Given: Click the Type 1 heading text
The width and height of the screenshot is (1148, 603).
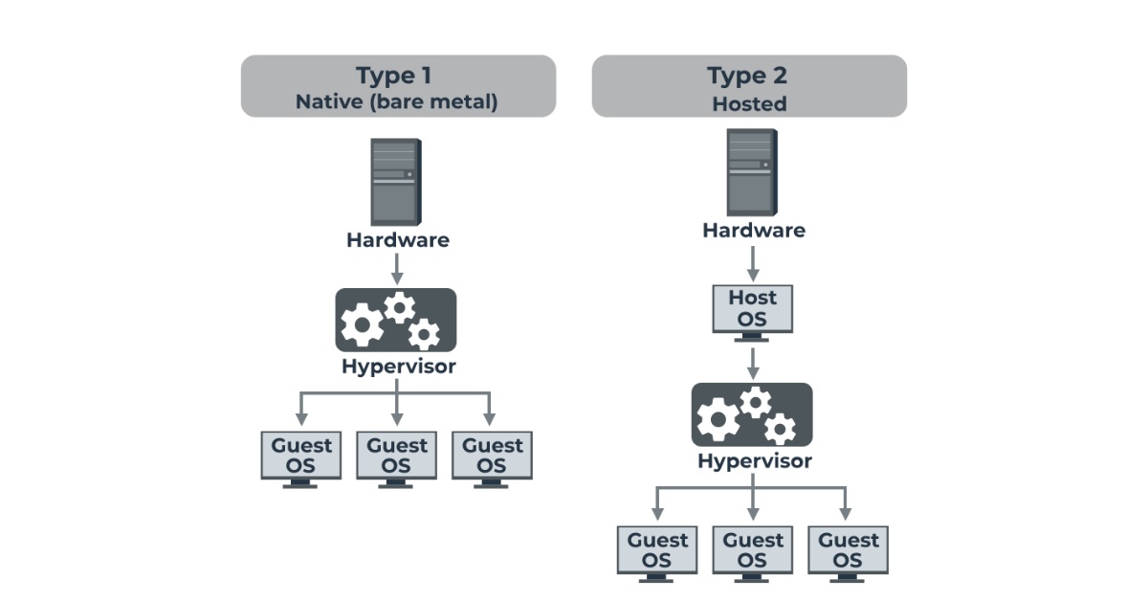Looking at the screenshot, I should pos(398,76).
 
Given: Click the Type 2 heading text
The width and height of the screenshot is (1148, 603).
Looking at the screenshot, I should pos(749,76).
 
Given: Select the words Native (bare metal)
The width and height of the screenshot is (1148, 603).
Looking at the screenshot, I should pos(397,101).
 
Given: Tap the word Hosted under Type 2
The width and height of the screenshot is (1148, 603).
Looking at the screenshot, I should pos(749,103).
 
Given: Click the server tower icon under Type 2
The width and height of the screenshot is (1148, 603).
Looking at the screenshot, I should pos(752,172).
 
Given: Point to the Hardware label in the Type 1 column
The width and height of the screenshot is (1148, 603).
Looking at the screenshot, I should pos(397,239).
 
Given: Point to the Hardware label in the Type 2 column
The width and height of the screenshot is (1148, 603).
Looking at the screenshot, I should pos(753,231).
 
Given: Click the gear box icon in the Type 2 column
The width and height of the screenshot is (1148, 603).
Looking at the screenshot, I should pos(752,414).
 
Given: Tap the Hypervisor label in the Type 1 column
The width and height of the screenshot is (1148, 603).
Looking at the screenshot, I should pos(398,367).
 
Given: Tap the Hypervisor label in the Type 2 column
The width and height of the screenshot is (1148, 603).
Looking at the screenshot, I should pos(754,461).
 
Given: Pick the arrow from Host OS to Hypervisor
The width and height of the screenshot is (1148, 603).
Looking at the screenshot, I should pos(753,362).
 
